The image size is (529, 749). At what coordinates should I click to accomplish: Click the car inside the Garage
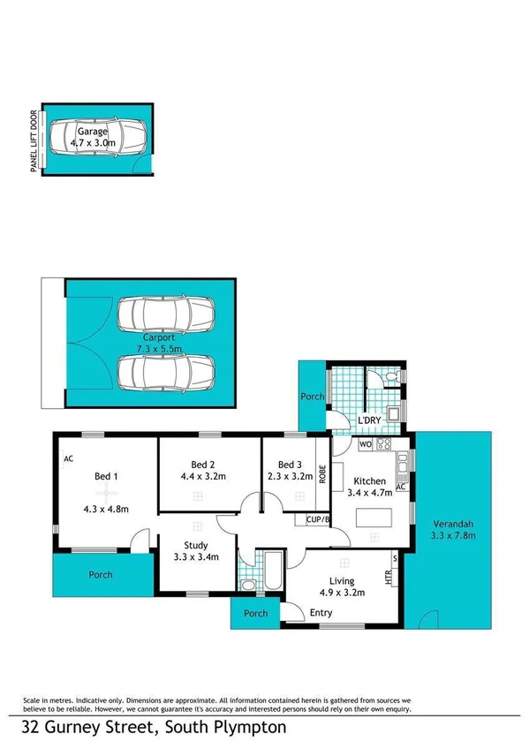(x=97, y=137)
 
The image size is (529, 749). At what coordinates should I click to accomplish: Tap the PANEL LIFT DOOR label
(x=34, y=141)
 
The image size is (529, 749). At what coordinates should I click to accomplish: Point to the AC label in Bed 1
(x=68, y=458)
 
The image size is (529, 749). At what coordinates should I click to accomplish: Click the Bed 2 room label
(x=203, y=465)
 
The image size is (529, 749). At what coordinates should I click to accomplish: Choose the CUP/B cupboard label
(x=317, y=519)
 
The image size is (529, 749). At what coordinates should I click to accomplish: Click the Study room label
(x=196, y=545)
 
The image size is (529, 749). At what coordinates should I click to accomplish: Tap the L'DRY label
(x=369, y=420)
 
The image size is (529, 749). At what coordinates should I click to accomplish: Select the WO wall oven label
(x=365, y=444)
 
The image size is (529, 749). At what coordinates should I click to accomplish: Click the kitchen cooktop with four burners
(x=383, y=444)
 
